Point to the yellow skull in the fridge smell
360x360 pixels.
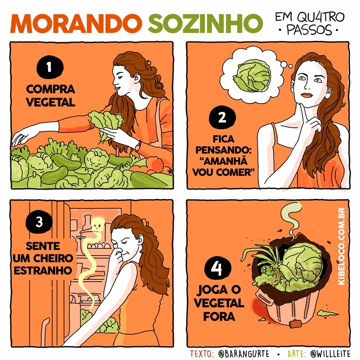[96, 225]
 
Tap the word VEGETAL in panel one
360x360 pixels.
[50, 102]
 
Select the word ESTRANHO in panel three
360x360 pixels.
[41, 271]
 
